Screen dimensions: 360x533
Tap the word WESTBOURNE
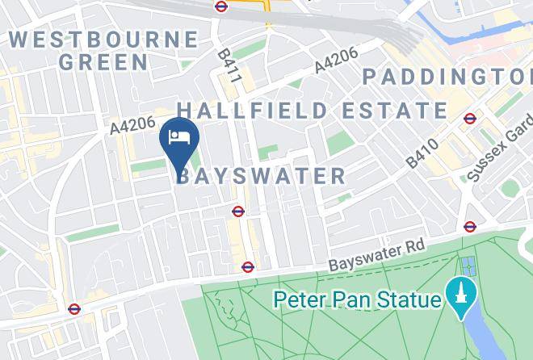tap(103, 39)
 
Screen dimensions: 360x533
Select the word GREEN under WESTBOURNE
tap(103, 61)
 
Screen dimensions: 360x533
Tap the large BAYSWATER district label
tap(260, 175)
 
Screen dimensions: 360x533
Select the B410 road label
tap(422, 153)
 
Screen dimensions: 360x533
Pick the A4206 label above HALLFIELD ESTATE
tap(336, 61)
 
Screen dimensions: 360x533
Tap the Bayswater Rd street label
tap(376, 254)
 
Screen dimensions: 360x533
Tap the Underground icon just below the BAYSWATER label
tap(237, 211)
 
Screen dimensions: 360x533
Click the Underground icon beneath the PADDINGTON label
tap(470, 119)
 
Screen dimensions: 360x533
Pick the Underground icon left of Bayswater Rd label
tap(248, 267)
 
